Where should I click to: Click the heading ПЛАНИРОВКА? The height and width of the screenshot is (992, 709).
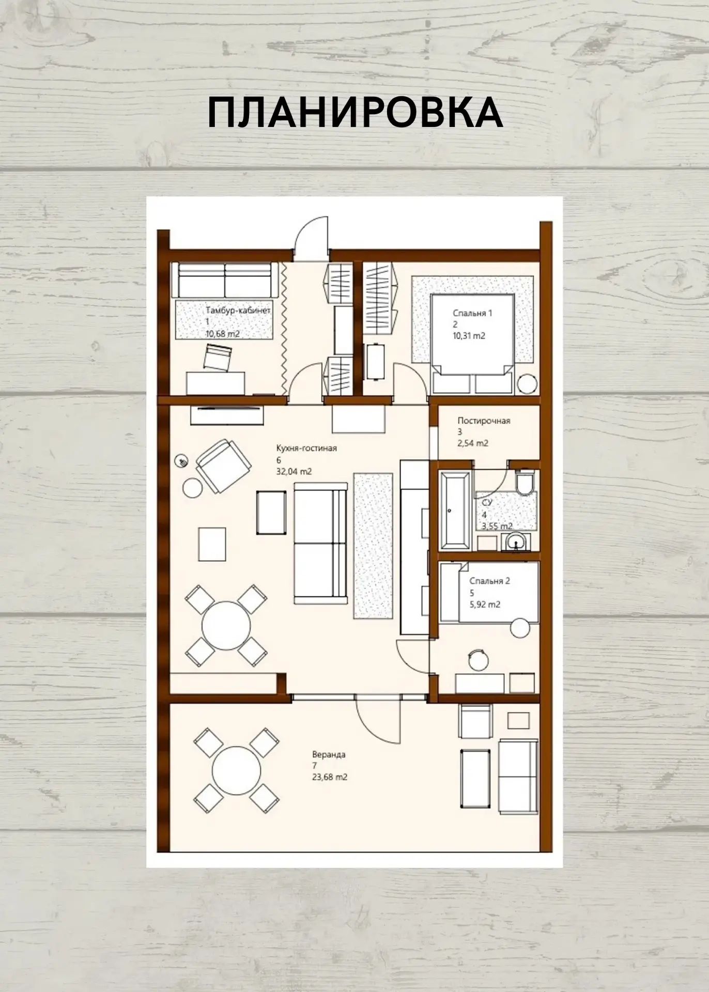point(354,113)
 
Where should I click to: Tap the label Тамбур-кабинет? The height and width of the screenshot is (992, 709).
point(238,311)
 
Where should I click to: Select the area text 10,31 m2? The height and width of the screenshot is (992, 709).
point(469,336)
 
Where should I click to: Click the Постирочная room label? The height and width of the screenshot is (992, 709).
point(484,421)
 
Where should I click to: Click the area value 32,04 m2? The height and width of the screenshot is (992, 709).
point(294,471)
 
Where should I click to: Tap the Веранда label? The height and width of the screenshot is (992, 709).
point(329,754)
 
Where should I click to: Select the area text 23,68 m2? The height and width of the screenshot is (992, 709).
point(329,777)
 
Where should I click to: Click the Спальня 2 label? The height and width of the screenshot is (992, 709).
point(490,581)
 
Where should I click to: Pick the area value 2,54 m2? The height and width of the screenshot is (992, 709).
point(473,443)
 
